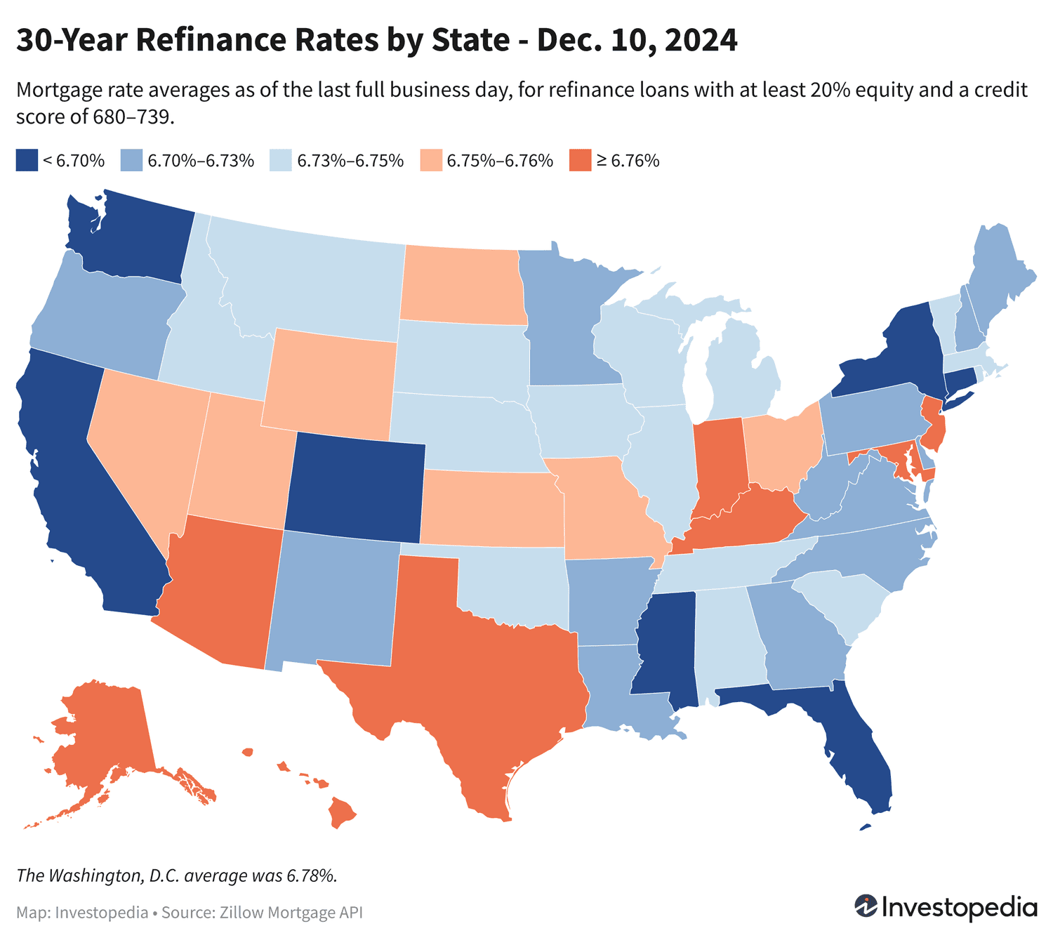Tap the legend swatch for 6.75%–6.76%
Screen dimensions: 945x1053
pyautogui.click(x=431, y=160)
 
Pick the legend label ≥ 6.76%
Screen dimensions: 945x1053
pyautogui.click(x=628, y=161)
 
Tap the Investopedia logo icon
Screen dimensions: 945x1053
pyautogui.click(x=866, y=906)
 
